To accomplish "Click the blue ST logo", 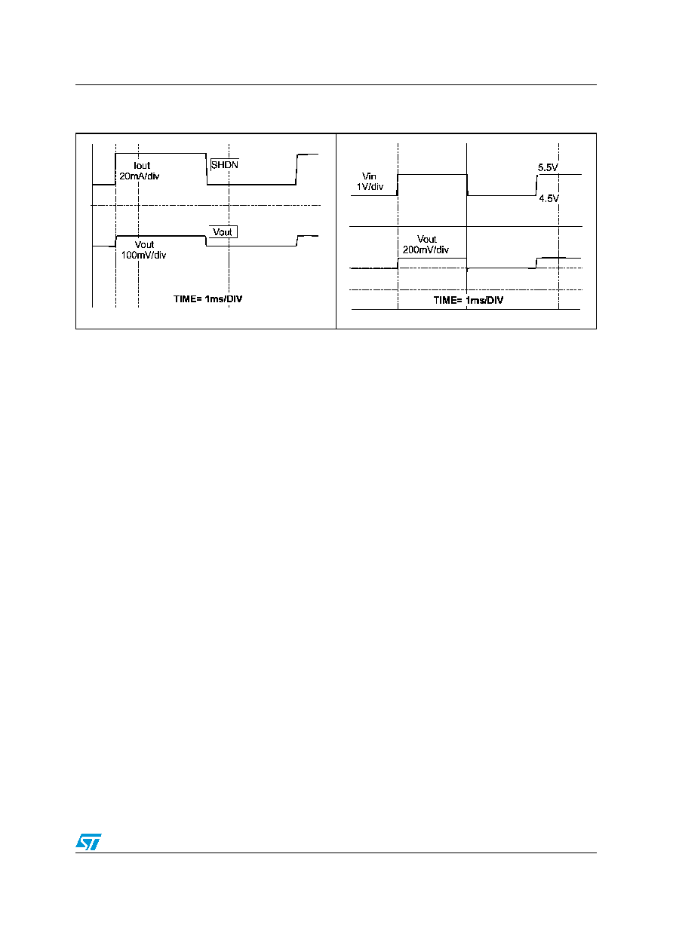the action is pos(88,841).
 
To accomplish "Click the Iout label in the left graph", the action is pos(142,166).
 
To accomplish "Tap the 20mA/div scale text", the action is pos(139,176).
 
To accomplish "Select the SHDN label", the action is pos(225,165).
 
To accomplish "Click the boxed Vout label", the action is pos(223,232).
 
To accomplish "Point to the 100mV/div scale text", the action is pos(143,255).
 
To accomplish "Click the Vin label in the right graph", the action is pos(369,176).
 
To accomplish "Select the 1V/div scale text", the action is pos(370,187).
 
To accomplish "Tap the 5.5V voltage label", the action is pos(548,167).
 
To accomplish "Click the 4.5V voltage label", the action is pos(549,198).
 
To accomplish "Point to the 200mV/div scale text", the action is pos(426,250).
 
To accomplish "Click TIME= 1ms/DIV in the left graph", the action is pos(207,298).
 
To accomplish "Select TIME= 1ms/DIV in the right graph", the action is pos(468,300).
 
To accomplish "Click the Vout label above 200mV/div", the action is pos(427,239).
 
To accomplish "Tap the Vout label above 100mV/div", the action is pos(144,245).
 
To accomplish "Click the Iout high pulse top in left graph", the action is pos(161,154).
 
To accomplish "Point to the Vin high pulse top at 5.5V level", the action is pos(432,174).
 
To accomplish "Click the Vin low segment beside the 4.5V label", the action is pos(502,195).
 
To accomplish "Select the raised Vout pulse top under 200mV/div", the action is pos(432,258).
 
